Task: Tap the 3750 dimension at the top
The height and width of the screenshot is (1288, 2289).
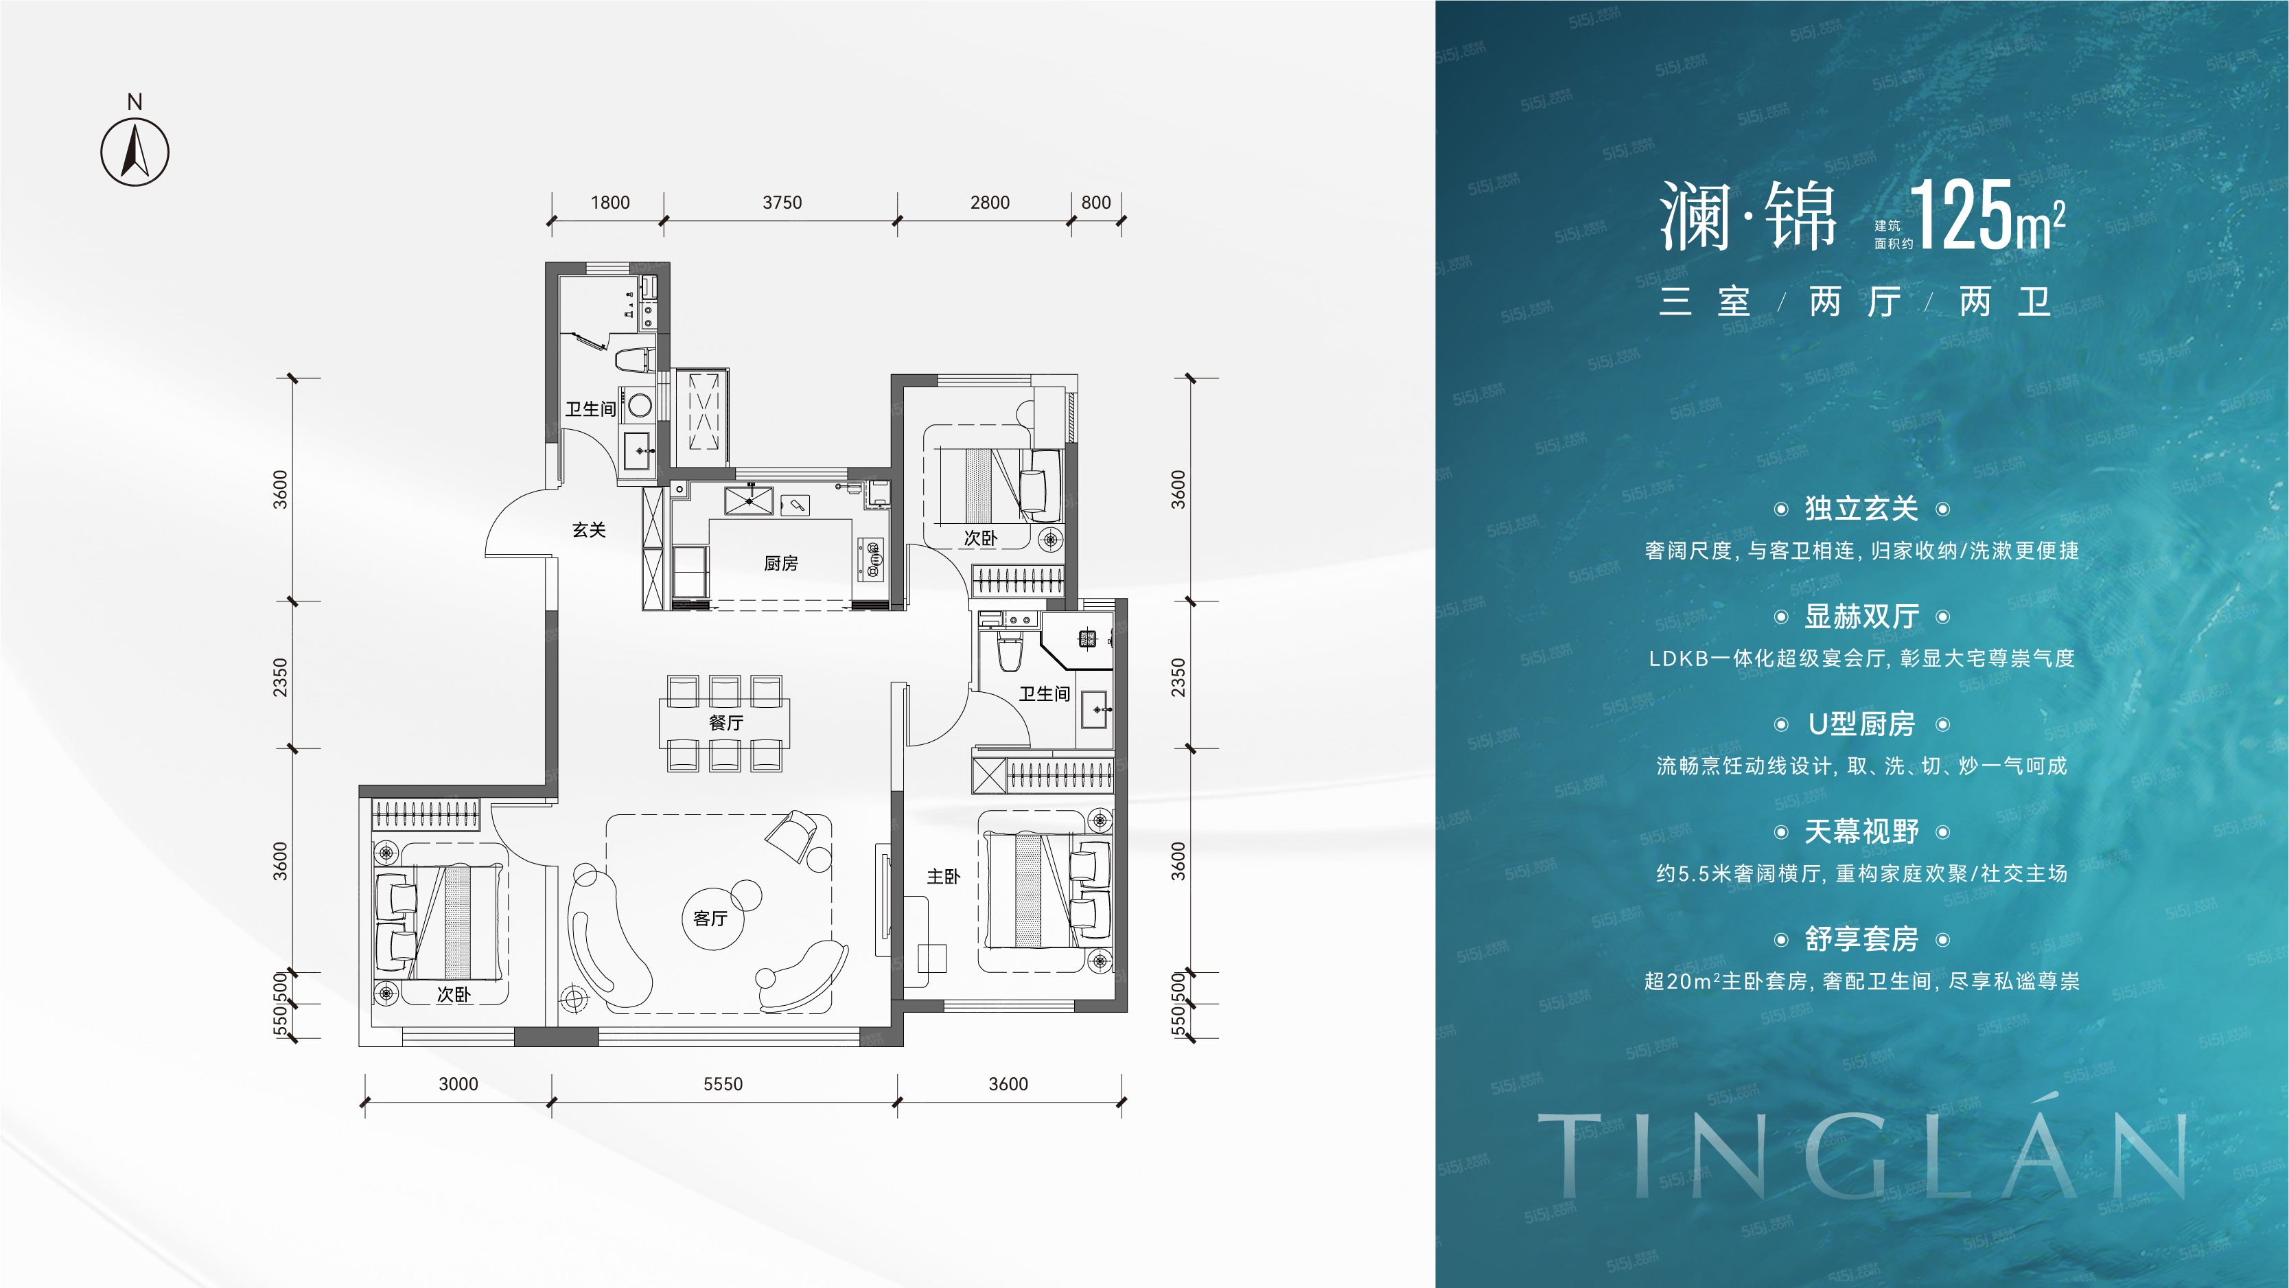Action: click(782, 203)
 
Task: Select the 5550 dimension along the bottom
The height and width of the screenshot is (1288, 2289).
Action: click(723, 1083)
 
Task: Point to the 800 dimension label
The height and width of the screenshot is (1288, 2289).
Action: click(1095, 203)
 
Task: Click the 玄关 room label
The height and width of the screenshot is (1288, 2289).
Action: click(588, 530)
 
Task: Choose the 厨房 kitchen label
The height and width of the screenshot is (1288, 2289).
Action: click(780, 564)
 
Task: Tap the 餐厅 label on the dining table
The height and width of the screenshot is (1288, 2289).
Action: click(725, 723)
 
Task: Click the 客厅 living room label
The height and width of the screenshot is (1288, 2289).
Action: click(710, 918)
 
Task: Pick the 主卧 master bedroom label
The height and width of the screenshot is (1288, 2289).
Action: click(943, 877)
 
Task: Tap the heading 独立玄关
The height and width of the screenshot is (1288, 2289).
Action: click(1861, 509)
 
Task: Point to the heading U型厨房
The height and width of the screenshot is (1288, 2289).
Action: click(1861, 724)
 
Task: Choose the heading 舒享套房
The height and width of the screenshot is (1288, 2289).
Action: click(1861, 939)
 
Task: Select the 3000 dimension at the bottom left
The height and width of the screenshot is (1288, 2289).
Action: click(458, 1083)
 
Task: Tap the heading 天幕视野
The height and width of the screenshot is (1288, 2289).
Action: click(1861, 831)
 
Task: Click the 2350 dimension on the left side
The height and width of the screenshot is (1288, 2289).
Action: click(280, 678)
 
